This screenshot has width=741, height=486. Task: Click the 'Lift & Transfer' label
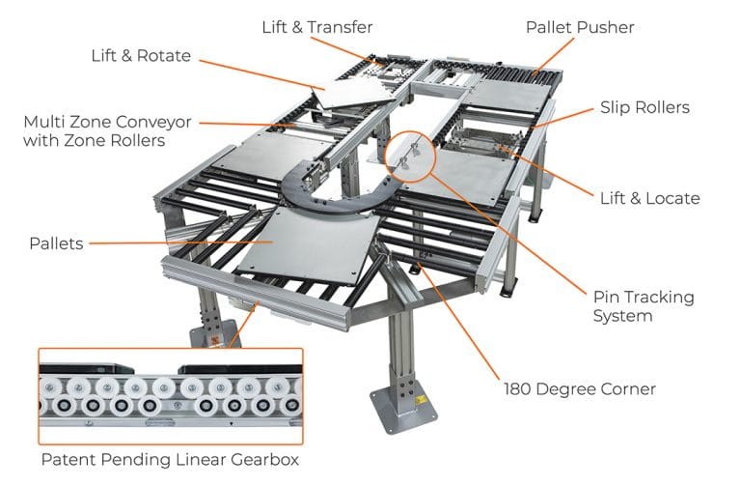click(x=316, y=26)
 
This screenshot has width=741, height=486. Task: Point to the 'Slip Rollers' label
click(x=645, y=107)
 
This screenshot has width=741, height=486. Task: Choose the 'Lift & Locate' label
click(x=648, y=198)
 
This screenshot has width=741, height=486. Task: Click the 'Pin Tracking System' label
click(x=644, y=306)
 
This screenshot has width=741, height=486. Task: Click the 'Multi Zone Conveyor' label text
click(x=108, y=123)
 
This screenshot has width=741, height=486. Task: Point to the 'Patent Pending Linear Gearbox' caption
click(x=170, y=460)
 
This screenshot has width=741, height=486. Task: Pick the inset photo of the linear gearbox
click(x=170, y=397)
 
